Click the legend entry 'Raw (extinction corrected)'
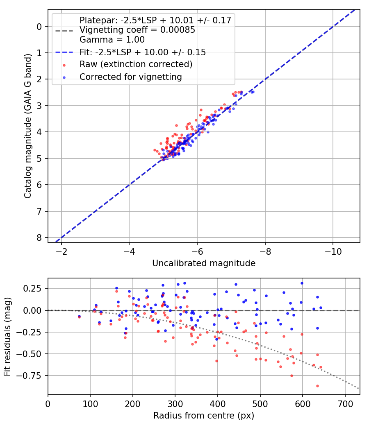point(136,64)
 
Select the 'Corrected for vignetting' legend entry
point(130,77)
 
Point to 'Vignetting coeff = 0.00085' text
point(137,30)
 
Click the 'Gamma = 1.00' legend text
point(112,40)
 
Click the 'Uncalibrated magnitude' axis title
point(204,263)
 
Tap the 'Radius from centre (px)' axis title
point(204,416)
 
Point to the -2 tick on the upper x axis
point(61,251)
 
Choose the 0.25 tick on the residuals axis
point(35,288)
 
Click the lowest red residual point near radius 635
point(317,386)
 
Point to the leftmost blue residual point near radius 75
point(79,316)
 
